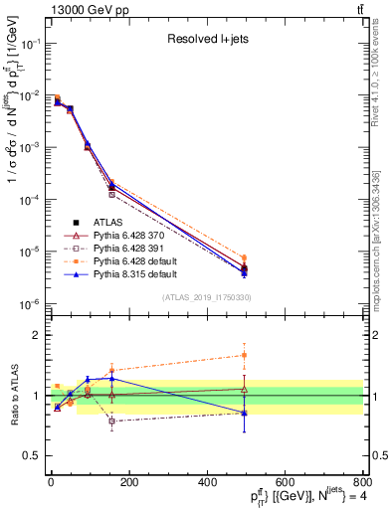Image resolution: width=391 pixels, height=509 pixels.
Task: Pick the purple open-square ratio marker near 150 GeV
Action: (x=111, y=421)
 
